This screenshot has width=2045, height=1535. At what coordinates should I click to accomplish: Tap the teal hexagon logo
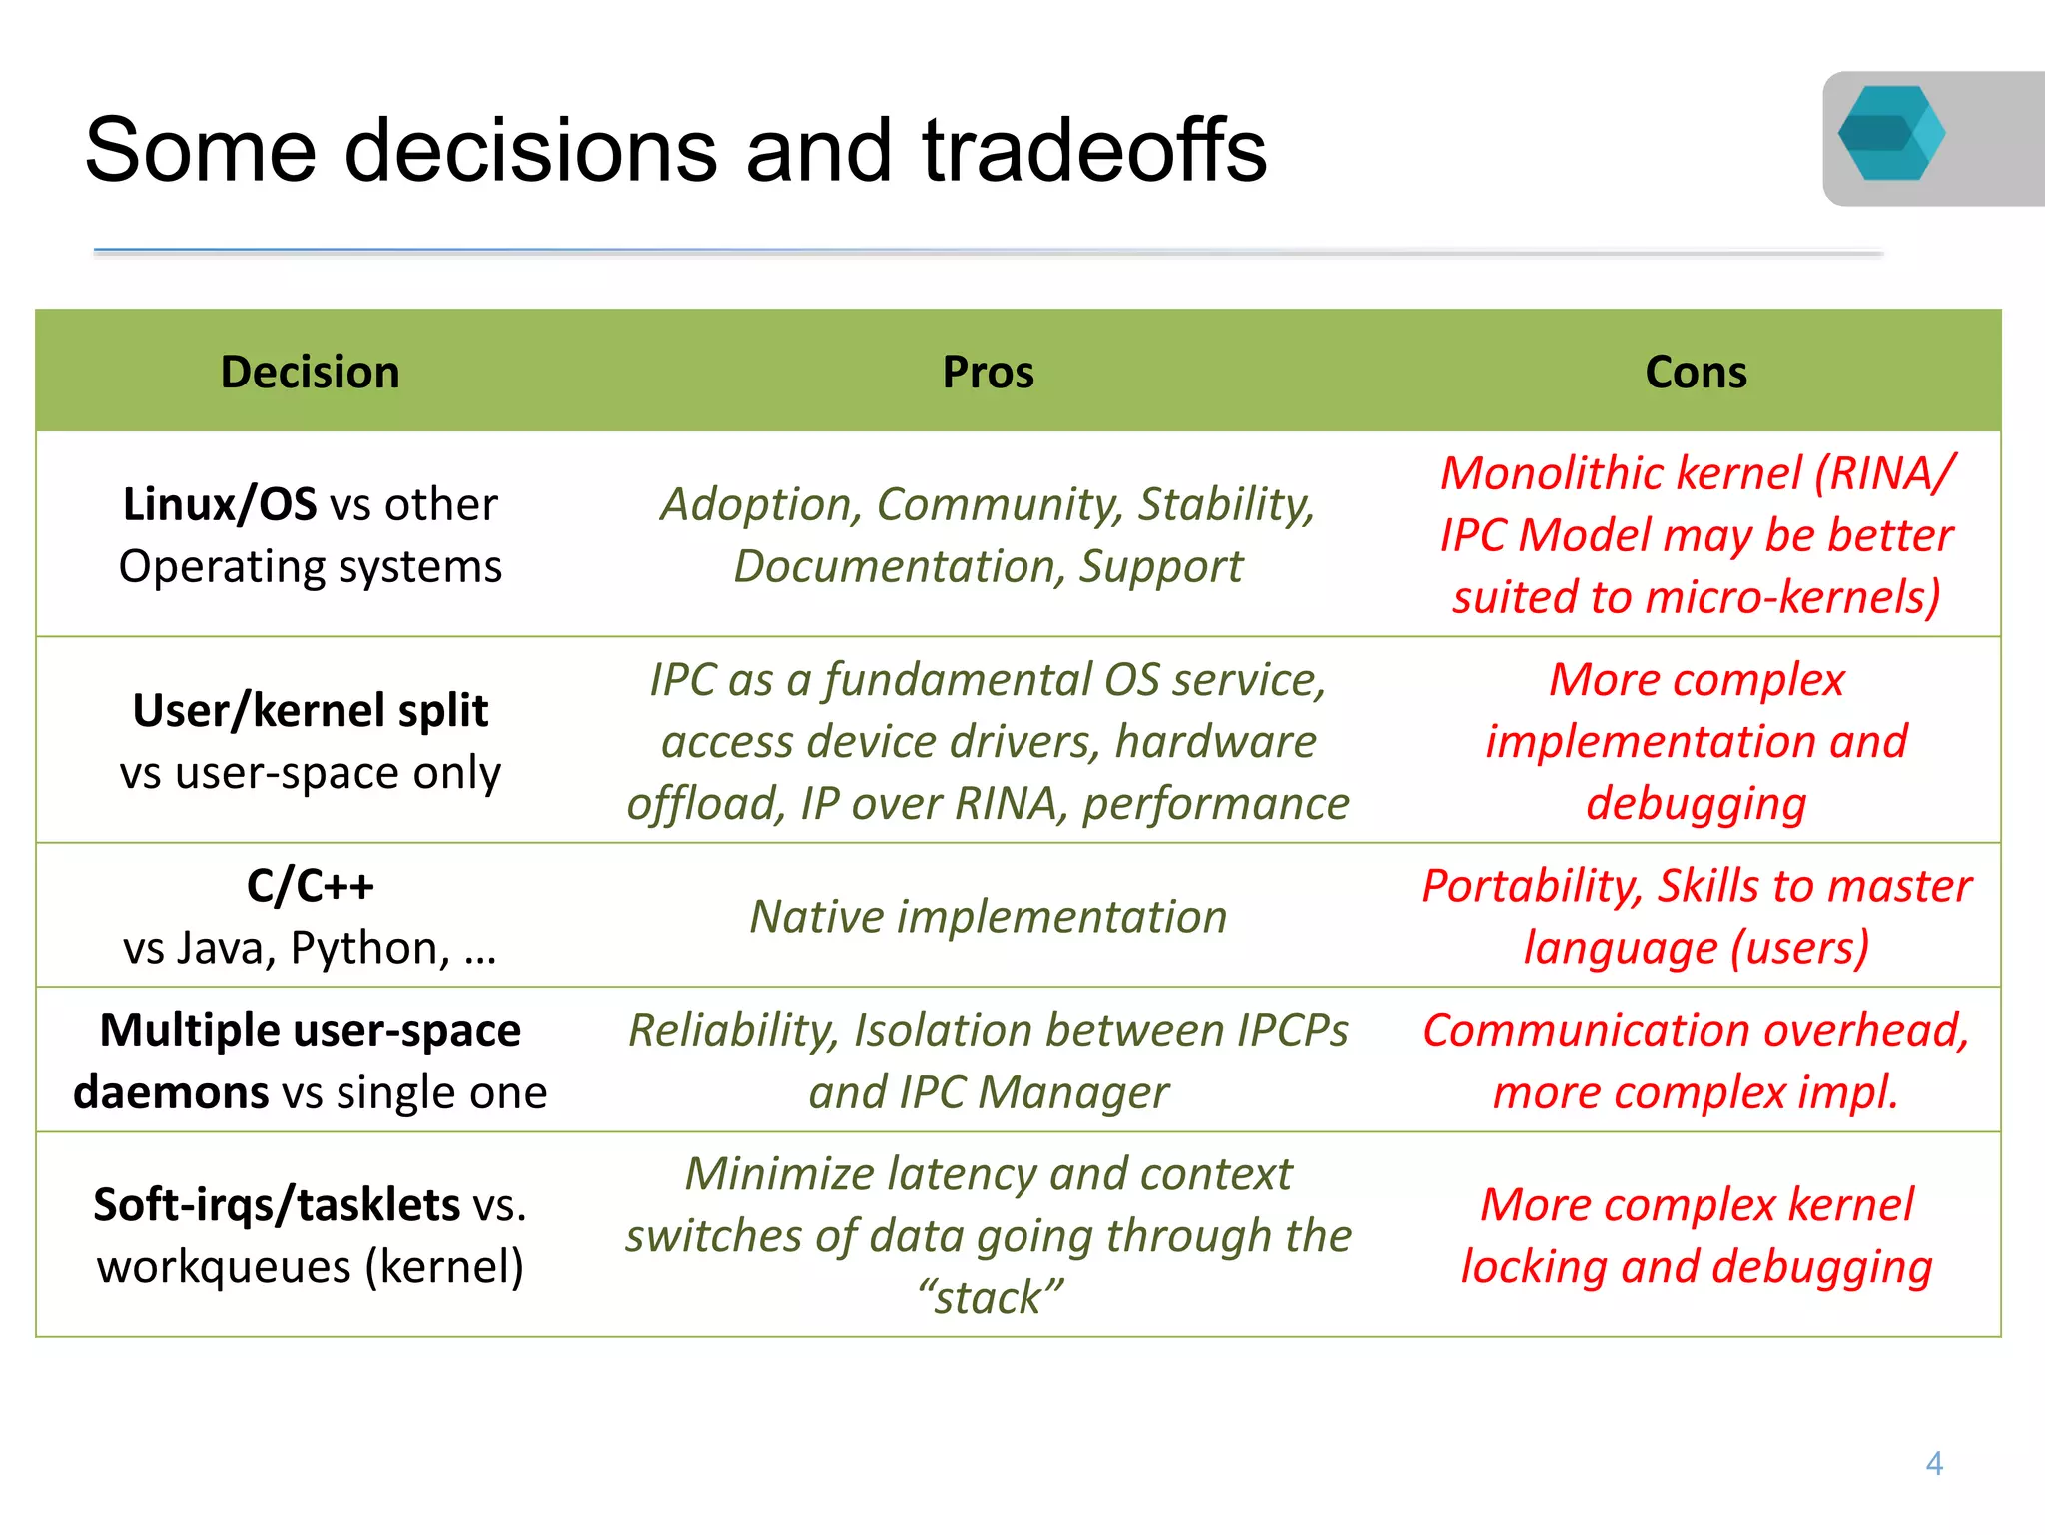pyautogui.click(x=1891, y=134)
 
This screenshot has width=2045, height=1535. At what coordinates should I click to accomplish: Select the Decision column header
pyautogui.click(x=310, y=372)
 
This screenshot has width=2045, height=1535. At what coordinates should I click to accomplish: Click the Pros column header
pyautogui.click(x=988, y=372)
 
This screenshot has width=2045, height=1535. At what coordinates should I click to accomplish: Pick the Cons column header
pyautogui.click(x=1696, y=372)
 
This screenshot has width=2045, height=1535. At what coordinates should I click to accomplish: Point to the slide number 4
pyautogui.click(x=1934, y=1464)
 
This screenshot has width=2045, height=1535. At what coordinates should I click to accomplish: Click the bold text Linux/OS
pyautogui.click(x=219, y=504)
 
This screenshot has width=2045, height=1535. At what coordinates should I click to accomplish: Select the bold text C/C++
pyautogui.click(x=310, y=885)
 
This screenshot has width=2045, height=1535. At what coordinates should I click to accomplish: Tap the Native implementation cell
pyautogui.click(x=988, y=916)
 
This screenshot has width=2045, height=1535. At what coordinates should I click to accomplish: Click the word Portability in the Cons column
pyautogui.click(x=1531, y=886)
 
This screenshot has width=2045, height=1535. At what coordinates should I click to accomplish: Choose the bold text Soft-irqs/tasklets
pyautogui.click(x=277, y=1204)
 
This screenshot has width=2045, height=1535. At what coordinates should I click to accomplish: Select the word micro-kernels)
pyautogui.click(x=1793, y=597)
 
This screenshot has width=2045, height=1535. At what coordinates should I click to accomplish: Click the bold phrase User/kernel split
pyautogui.click(x=310, y=711)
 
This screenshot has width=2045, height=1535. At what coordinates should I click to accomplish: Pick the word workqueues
pyautogui.click(x=224, y=1267)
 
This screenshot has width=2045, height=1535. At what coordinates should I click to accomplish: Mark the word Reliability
pyautogui.click(x=732, y=1030)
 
